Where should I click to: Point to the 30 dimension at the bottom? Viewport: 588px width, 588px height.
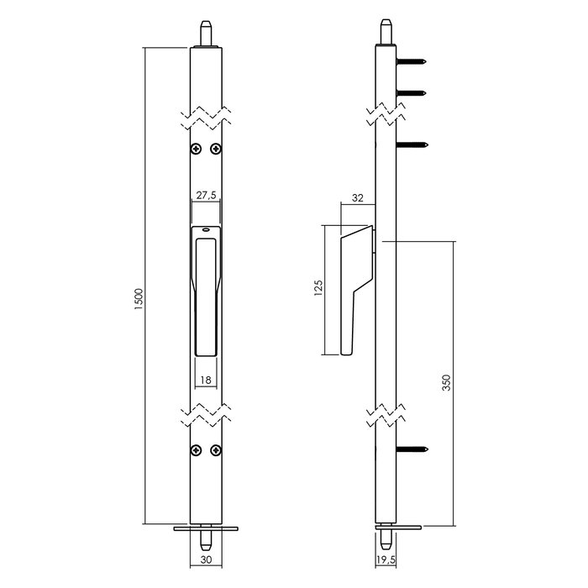(x=206, y=565)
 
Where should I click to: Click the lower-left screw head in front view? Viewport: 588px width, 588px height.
(x=196, y=449)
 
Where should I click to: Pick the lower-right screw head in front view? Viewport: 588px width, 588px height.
(x=217, y=449)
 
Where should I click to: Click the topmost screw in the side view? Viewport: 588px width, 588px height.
(x=412, y=60)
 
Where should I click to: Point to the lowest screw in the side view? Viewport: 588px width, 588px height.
(x=412, y=451)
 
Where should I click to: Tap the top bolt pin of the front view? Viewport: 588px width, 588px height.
(x=206, y=34)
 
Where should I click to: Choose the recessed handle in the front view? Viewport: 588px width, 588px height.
(x=206, y=294)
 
